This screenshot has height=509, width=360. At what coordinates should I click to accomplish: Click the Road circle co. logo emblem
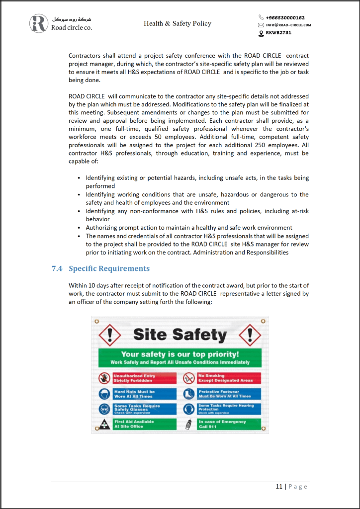coord(39,23)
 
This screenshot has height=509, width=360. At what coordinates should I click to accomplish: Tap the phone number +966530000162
coord(285,17)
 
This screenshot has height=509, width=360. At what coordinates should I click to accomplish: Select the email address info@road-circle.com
coord(288,25)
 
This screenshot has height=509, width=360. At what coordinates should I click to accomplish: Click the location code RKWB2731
coord(278,33)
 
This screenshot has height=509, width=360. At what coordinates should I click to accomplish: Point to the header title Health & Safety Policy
coord(178,23)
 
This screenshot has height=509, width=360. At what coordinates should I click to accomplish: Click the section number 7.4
coord(57,268)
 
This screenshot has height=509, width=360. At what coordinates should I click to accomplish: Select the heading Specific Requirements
coord(109,268)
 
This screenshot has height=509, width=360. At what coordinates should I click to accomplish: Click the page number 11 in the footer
coord(279,486)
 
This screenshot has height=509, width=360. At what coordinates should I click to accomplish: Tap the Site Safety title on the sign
coord(180,335)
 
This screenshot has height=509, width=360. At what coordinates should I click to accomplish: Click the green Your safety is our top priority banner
coord(180,357)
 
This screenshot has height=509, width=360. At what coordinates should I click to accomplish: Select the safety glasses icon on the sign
coord(104,409)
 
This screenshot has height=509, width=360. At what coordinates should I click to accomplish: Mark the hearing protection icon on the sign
coord(189,409)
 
